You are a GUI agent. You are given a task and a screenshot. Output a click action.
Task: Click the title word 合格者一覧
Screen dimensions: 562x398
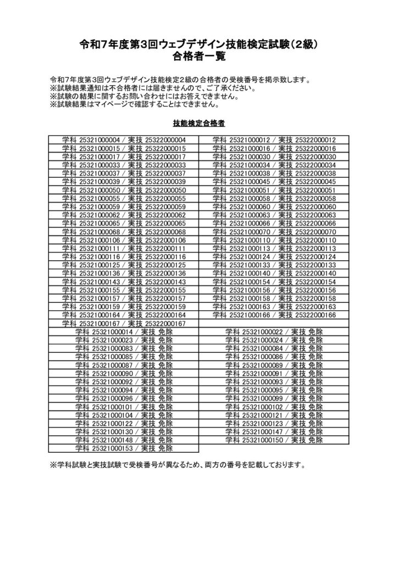point(198,56)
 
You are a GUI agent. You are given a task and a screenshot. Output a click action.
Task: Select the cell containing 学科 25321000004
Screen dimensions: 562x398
point(124,140)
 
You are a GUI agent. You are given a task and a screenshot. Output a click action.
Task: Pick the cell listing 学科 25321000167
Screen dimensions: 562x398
point(124,324)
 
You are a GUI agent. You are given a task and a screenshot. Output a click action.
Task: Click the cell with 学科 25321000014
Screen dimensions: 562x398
point(124,332)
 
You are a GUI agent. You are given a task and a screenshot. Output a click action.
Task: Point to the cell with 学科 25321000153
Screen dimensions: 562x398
point(124,448)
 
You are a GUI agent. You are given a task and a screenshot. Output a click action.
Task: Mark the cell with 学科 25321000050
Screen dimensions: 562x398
point(124,190)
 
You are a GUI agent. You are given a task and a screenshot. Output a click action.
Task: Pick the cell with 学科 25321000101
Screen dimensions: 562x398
point(124,407)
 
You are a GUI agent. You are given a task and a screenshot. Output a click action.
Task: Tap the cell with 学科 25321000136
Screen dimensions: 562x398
point(124,273)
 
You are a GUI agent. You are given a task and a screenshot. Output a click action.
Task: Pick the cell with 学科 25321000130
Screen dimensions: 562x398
point(124,432)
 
